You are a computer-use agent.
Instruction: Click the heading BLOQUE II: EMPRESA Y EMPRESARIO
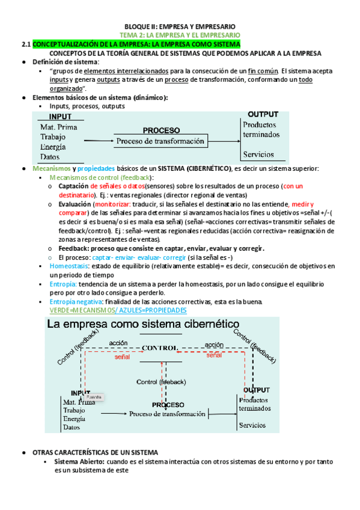point(180,27)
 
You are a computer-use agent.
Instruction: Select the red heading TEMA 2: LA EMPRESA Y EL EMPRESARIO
point(180,35)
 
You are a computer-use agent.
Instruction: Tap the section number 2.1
point(26,45)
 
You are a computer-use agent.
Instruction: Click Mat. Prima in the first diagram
point(56,127)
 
